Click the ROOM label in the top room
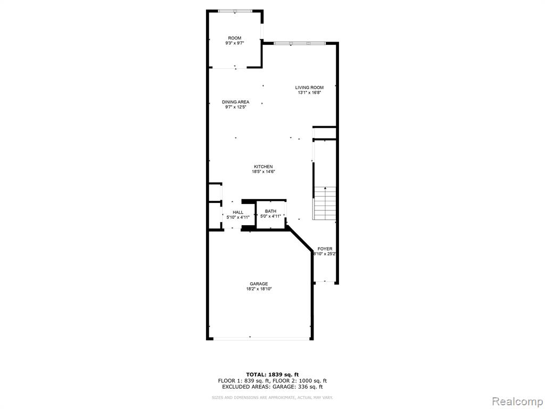(x=235, y=38)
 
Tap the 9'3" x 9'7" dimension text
(x=235, y=44)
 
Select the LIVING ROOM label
(x=309, y=87)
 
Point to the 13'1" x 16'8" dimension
(x=309, y=93)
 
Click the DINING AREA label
(x=236, y=102)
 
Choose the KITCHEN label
(x=263, y=167)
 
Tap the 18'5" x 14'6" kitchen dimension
(x=263, y=171)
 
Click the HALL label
(x=238, y=212)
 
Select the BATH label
(x=271, y=211)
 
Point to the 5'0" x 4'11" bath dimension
(x=271, y=216)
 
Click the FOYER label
(x=325, y=249)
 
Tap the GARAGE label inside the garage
(x=259, y=284)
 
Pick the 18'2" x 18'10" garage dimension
(x=259, y=289)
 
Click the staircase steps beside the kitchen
(x=325, y=203)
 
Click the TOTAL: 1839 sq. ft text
(x=272, y=374)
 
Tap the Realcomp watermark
(x=516, y=401)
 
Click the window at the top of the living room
(x=300, y=44)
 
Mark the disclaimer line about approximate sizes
(x=272, y=397)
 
